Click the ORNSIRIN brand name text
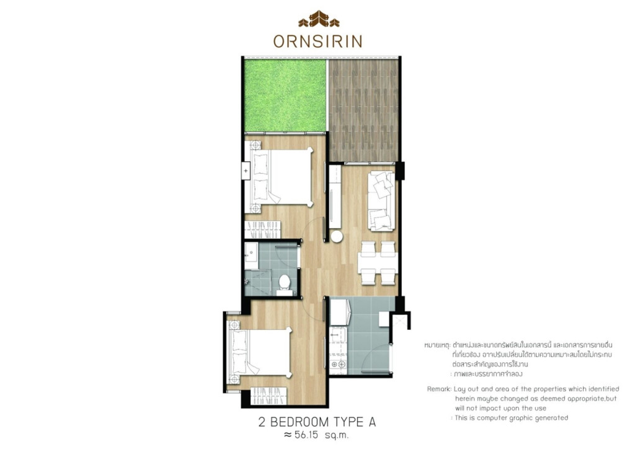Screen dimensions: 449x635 [317, 41]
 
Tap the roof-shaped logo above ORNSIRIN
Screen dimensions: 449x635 [318, 20]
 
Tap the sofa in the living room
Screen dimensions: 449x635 [381, 200]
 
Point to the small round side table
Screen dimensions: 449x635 [337, 236]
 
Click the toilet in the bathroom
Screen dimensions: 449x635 [285, 282]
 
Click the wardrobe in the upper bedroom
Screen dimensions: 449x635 [265, 226]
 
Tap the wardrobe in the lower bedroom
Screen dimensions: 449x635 [270, 395]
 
